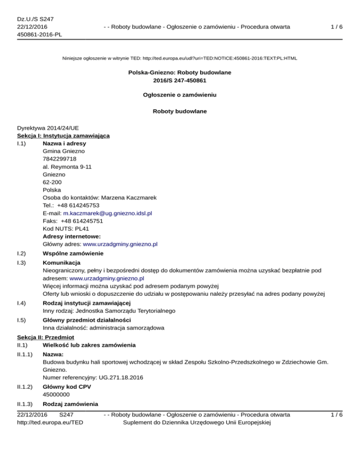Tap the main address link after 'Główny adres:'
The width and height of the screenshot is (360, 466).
(120, 244)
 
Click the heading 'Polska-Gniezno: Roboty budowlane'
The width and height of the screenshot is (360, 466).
(180, 73)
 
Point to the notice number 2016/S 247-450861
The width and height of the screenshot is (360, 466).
(180, 80)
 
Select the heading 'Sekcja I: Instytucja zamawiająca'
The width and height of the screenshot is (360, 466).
(63, 135)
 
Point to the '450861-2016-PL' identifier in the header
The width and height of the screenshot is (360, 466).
(39, 34)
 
